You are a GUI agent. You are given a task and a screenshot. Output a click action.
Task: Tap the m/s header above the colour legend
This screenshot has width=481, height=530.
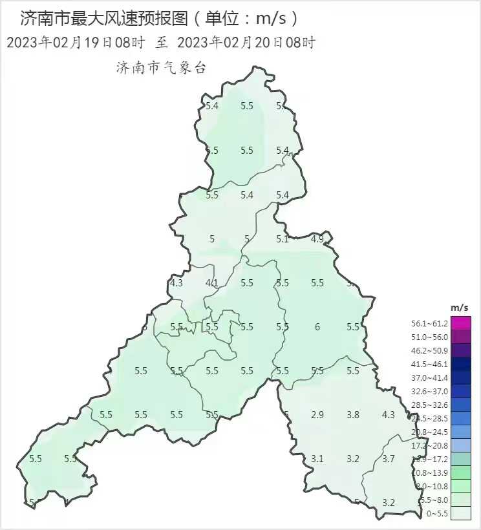(x=460, y=306)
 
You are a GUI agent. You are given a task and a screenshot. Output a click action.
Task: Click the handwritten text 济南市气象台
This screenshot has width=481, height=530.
(x=161, y=67)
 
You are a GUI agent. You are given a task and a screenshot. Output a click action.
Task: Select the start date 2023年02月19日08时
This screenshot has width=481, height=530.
(x=75, y=43)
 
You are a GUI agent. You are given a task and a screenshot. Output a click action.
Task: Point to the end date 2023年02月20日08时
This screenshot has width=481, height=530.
(x=246, y=43)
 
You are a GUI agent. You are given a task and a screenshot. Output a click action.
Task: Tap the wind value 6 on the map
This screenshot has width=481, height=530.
(x=317, y=327)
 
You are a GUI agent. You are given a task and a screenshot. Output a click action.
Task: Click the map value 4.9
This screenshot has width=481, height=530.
(x=317, y=239)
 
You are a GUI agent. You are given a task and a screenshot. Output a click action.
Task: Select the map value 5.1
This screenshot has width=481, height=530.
(x=283, y=239)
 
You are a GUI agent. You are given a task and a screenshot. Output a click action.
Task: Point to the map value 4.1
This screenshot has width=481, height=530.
(x=211, y=283)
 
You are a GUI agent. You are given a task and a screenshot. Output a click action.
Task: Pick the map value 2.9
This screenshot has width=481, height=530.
(x=317, y=415)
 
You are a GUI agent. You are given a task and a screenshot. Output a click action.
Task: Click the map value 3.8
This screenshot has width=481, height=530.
(x=353, y=415)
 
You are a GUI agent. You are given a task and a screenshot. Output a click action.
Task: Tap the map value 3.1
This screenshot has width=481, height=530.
(x=317, y=459)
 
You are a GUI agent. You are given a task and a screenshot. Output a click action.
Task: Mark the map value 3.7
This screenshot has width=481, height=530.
(x=388, y=459)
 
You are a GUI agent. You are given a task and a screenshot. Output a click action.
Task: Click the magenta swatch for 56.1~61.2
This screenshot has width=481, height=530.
(x=461, y=323)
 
